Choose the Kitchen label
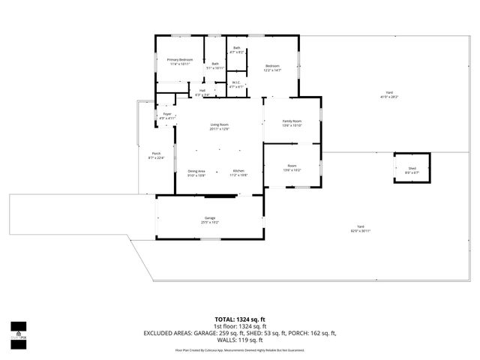238,172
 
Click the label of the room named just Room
292,168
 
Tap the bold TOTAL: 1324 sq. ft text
239,319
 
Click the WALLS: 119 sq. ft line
239,340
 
